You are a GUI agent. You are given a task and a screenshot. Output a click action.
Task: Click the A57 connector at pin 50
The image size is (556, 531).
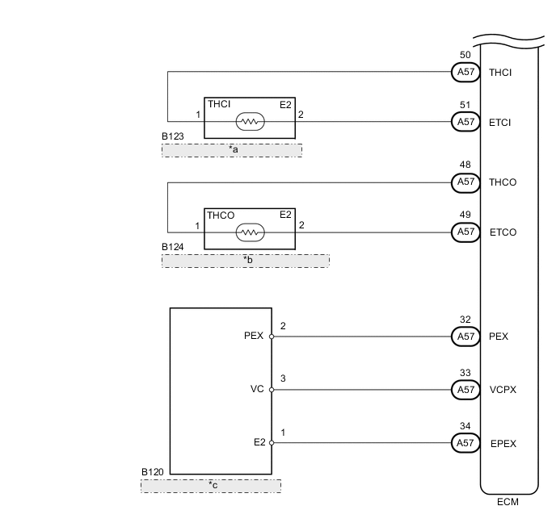pyautogui.click(x=465, y=72)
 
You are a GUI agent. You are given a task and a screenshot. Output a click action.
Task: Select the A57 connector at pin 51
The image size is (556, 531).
pyautogui.click(x=465, y=122)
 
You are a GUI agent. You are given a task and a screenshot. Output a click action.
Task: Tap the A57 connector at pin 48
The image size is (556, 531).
pyautogui.click(x=465, y=182)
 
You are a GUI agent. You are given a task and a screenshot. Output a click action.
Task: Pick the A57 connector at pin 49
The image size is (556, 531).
pyautogui.click(x=465, y=232)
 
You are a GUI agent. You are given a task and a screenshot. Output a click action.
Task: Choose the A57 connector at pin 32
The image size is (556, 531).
pyautogui.click(x=465, y=337)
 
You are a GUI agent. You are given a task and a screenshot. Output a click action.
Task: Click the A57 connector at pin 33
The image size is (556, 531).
pyautogui.click(x=465, y=390)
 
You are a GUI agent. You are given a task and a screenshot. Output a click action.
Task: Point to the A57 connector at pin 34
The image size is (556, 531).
pyautogui.click(x=465, y=443)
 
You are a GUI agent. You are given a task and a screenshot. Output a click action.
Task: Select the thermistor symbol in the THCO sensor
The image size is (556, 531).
pyautogui.click(x=250, y=232)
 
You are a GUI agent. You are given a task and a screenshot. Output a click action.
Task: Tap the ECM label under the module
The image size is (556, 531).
pyautogui.click(x=508, y=502)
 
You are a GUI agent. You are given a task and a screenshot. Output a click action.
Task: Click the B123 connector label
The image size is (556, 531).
pyautogui.click(x=172, y=137)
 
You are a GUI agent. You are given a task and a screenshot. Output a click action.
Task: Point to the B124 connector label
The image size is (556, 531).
pyautogui.click(x=172, y=247)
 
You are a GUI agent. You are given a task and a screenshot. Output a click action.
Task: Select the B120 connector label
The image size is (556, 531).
pyautogui.click(x=152, y=471)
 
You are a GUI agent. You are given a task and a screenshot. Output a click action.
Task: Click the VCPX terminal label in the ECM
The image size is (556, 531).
pyautogui.click(x=503, y=390)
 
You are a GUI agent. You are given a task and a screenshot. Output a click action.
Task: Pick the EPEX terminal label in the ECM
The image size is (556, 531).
pyautogui.click(x=503, y=443)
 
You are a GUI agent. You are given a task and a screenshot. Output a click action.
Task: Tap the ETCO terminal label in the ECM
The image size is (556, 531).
pyautogui.click(x=503, y=232)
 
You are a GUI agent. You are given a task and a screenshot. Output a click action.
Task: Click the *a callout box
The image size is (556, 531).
pyautogui.click(x=232, y=150)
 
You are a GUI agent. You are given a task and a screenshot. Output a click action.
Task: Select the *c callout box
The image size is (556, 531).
pyautogui.click(x=211, y=486)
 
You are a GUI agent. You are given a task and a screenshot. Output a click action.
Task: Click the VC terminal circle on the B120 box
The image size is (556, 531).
pyautogui.click(x=272, y=390)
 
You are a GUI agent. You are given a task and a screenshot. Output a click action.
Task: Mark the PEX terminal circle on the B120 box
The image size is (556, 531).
pyautogui.click(x=272, y=337)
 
